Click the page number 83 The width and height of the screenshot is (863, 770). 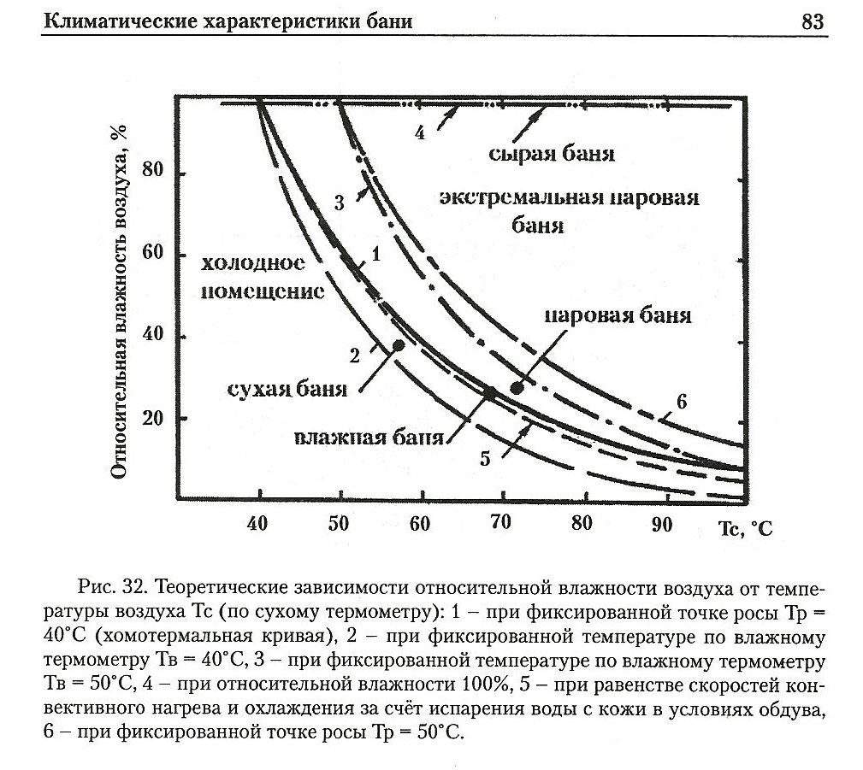(x=813, y=21)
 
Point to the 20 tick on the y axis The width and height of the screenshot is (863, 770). (x=155, y=420)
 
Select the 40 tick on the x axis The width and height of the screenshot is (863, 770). (x=257, y=524)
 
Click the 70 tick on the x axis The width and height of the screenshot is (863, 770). (x=500, y=524)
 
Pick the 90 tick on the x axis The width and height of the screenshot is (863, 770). (x=662, y=524)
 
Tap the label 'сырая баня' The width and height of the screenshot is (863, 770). (x=553, y=155)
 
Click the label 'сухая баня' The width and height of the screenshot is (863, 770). (x=287, y=390)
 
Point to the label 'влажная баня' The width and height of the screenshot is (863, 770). (x=369, y=438)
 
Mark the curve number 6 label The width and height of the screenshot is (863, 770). (x=681, y=402)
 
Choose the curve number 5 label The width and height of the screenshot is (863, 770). (x=485, y=458)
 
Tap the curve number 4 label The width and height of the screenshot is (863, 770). (x=419, y=134)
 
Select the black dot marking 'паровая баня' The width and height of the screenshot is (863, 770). (x=517, y=387)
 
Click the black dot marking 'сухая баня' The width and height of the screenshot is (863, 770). (x=398, y=345)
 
